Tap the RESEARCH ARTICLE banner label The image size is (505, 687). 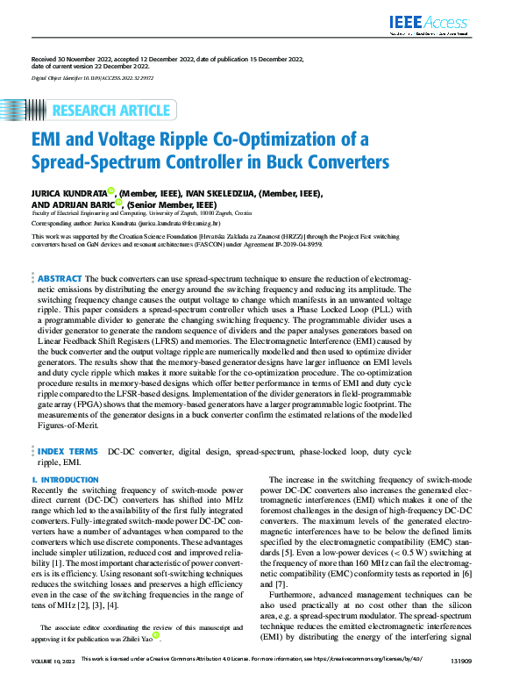tap(111, 111)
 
